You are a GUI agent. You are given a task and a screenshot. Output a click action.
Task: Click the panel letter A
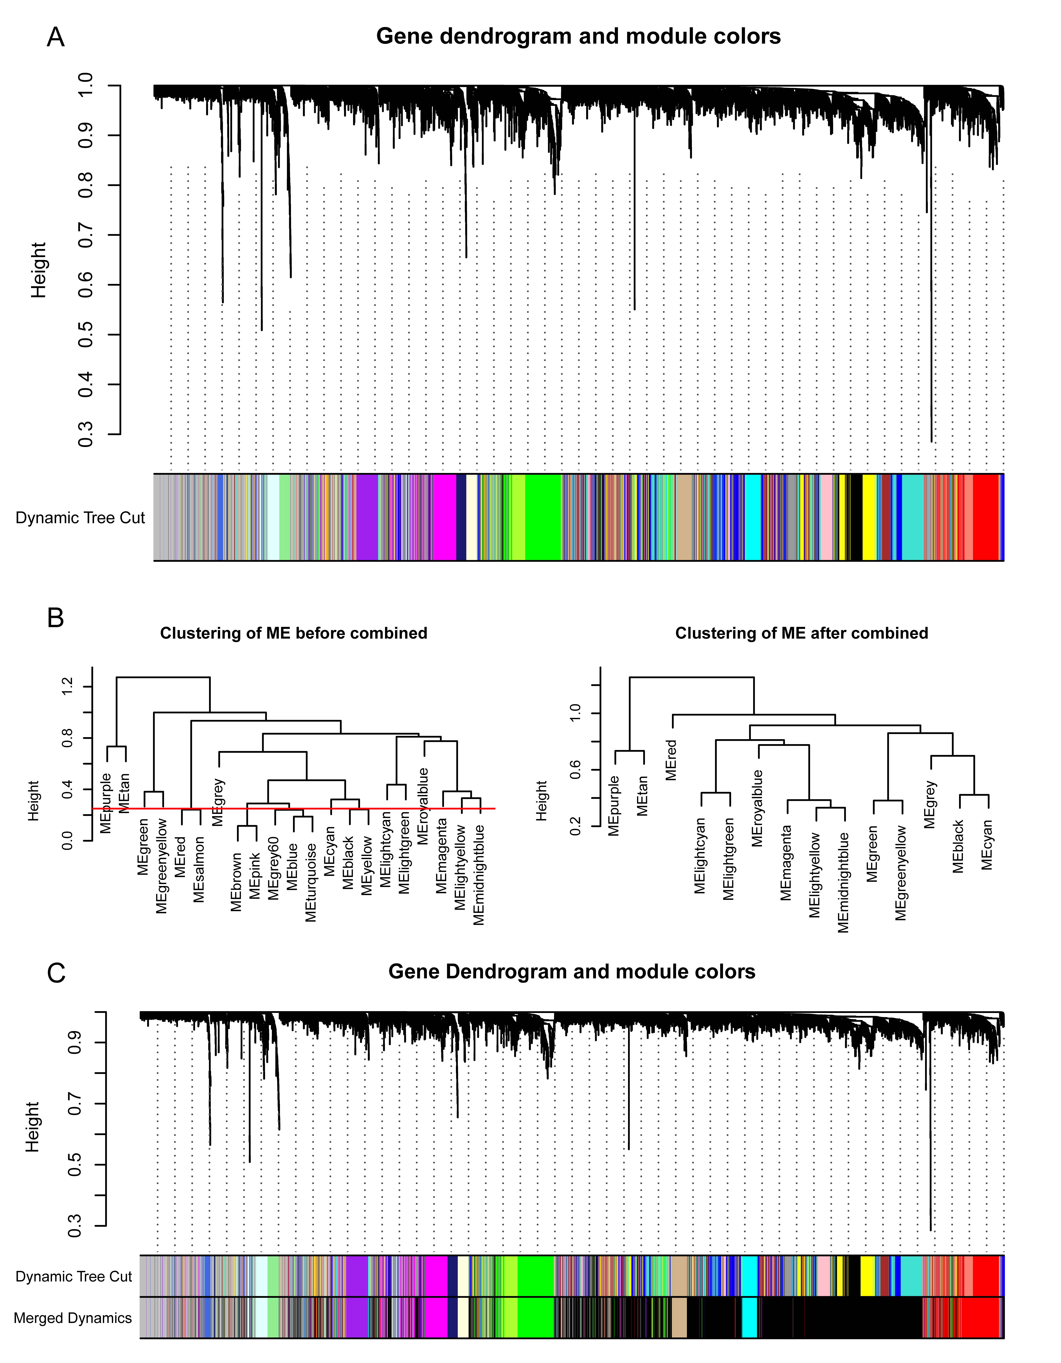(x=55, y=37)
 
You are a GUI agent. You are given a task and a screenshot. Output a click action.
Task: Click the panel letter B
(x=55, y=618)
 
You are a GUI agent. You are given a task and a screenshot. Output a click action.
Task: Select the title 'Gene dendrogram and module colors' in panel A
(x=578, y=36)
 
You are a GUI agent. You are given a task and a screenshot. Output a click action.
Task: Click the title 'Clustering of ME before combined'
(x=293, y=633)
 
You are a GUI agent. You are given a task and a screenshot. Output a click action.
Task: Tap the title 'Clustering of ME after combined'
(x=801, y=633)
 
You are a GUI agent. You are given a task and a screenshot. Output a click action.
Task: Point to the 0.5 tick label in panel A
(x=85, y=335)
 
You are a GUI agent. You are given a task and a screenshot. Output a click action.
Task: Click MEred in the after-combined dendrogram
(x=672, y=760)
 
